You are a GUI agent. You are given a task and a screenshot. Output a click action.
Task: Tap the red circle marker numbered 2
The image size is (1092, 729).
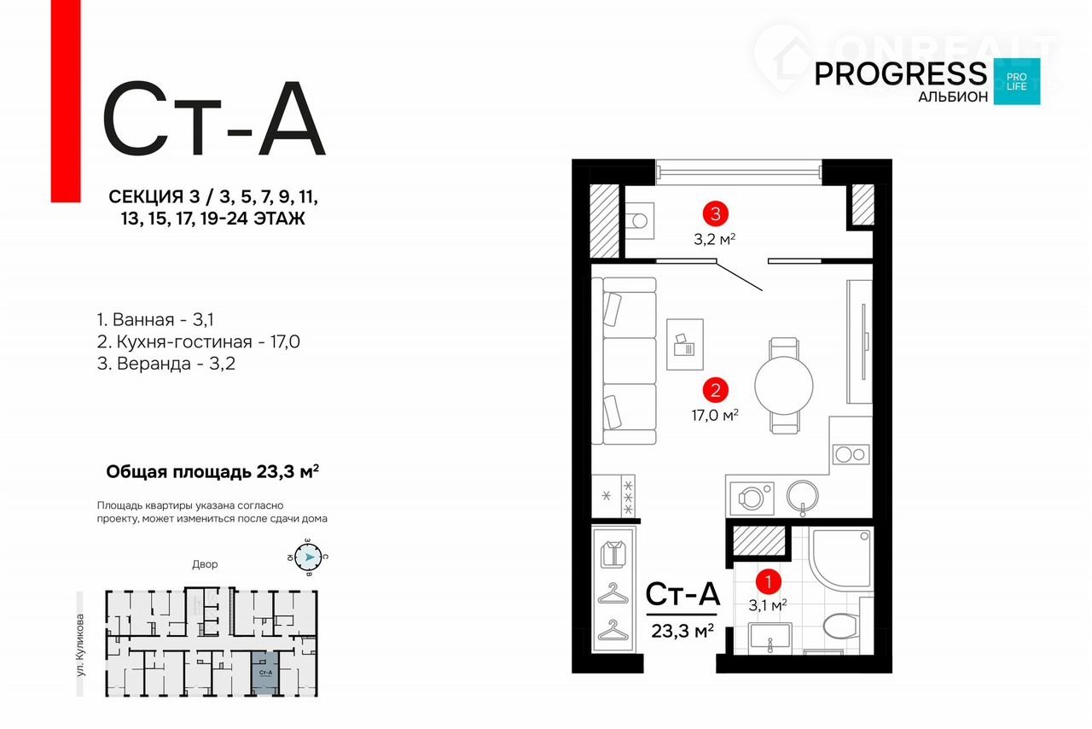pyautogui.click(x=714, y=390)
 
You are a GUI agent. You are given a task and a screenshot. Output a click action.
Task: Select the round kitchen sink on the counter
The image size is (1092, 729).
pyautogui.click(x=802, y=495)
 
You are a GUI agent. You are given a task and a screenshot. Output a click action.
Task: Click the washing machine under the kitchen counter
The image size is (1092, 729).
pyautogui.click(x=752, y=497)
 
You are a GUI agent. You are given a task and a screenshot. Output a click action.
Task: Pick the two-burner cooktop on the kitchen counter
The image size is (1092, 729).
pyautogui.click(x=851, y=454)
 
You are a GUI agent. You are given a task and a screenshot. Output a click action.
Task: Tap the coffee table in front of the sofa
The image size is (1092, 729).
pyautogui.click(x=685, y=344)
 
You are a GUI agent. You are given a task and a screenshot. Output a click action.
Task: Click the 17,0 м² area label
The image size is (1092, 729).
pyautogui.click(x=714, y=415)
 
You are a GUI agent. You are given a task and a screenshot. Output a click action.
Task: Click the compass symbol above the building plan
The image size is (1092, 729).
pyautogui.click(x=310, y=559)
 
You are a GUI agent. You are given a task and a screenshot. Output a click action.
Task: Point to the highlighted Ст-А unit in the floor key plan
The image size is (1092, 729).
pyautogui.click(x=264, y=668)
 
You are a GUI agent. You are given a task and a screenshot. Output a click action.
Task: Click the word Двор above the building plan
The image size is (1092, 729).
pyautogui.click(x=205, y=564)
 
